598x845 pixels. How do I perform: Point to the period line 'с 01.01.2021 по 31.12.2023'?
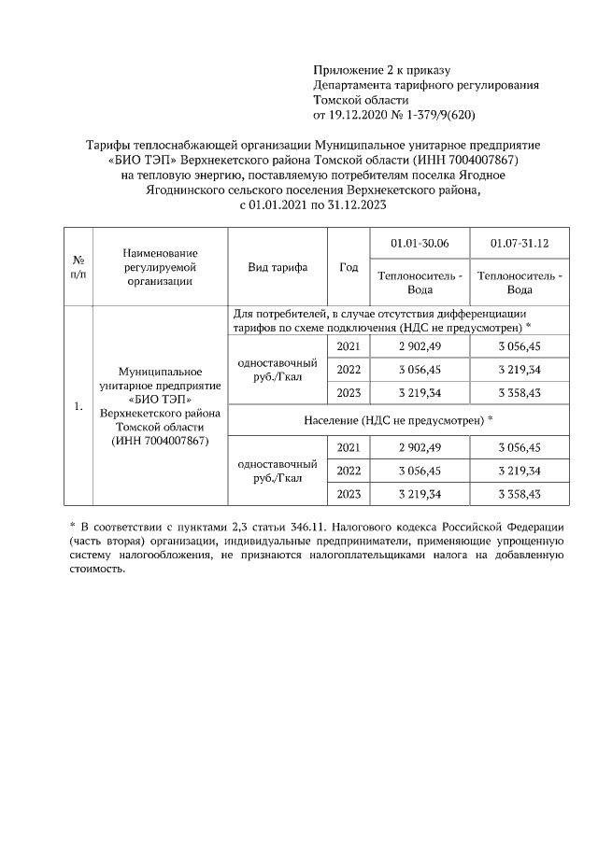[x=313, y=204]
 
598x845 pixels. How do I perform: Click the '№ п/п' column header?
[x=78, y=267]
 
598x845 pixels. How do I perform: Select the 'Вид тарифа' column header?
[x=278, y=267]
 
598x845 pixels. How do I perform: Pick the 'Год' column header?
[x=349, y=267]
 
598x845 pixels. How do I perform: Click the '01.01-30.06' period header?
[x=420, y=244]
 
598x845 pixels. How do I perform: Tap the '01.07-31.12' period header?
[x=520, y=244]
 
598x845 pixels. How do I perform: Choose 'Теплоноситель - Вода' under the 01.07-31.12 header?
[x=520, y=283]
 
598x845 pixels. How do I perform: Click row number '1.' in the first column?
[x=78, y=406]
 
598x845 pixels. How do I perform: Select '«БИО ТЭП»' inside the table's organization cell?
[x=160, y=399]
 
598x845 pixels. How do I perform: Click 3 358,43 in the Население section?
[x=520, y=493]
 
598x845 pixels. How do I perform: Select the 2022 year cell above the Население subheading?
[x=348, y=369]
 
